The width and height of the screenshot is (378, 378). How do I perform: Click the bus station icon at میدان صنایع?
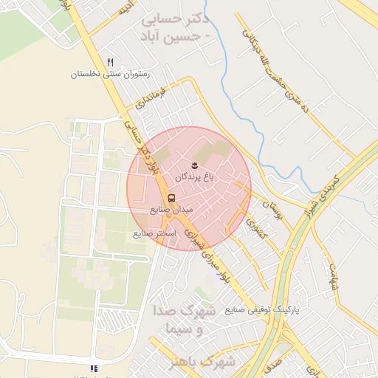[x=171, y=198]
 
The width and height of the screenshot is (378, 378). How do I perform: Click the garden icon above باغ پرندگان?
[x=194, y=164]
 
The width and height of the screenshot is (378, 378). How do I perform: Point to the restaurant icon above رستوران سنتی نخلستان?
[x=111, y=63]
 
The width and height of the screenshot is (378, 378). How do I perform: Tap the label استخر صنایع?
[x=154, y=233]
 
